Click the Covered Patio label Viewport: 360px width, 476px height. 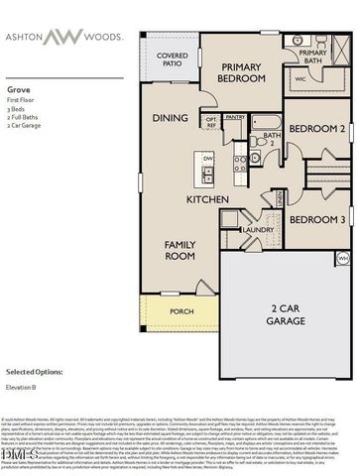pyautogui.click(x=172, y=60)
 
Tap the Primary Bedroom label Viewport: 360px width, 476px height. pyautogui.click(x=241, y=72)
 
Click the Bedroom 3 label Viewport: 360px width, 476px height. pyautogui.click(x=316, y=219)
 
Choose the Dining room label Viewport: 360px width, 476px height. pyautogui.click(x=171, y=118)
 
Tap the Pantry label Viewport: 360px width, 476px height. pyautogui.click(x=235, y=117)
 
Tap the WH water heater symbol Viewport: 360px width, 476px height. pyautogui.click(x=342, y=258)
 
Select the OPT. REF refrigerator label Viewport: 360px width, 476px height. pyautogui.click(x=211, y=123)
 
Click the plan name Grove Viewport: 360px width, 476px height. pyautogui.click(x=19, y=88)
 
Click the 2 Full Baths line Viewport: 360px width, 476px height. pyautogui.click(x=24, y=118)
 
